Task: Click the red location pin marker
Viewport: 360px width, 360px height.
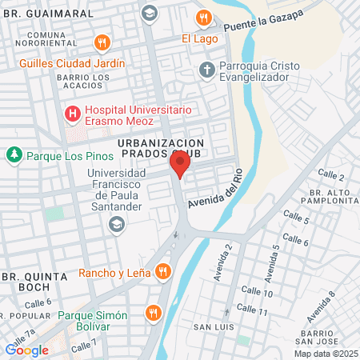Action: (180, 165)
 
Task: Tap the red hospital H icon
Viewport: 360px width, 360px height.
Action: (74, 114)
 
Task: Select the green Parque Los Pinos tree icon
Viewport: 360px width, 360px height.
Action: (14, 154)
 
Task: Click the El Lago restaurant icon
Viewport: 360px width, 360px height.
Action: (205, 18)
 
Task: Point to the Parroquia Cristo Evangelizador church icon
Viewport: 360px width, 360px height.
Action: (207, 70)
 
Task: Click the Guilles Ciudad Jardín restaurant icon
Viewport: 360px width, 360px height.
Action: (102, 43)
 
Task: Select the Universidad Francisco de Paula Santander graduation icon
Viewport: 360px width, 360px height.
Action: (118, 225)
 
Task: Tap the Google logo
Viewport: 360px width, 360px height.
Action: (27, 349)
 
